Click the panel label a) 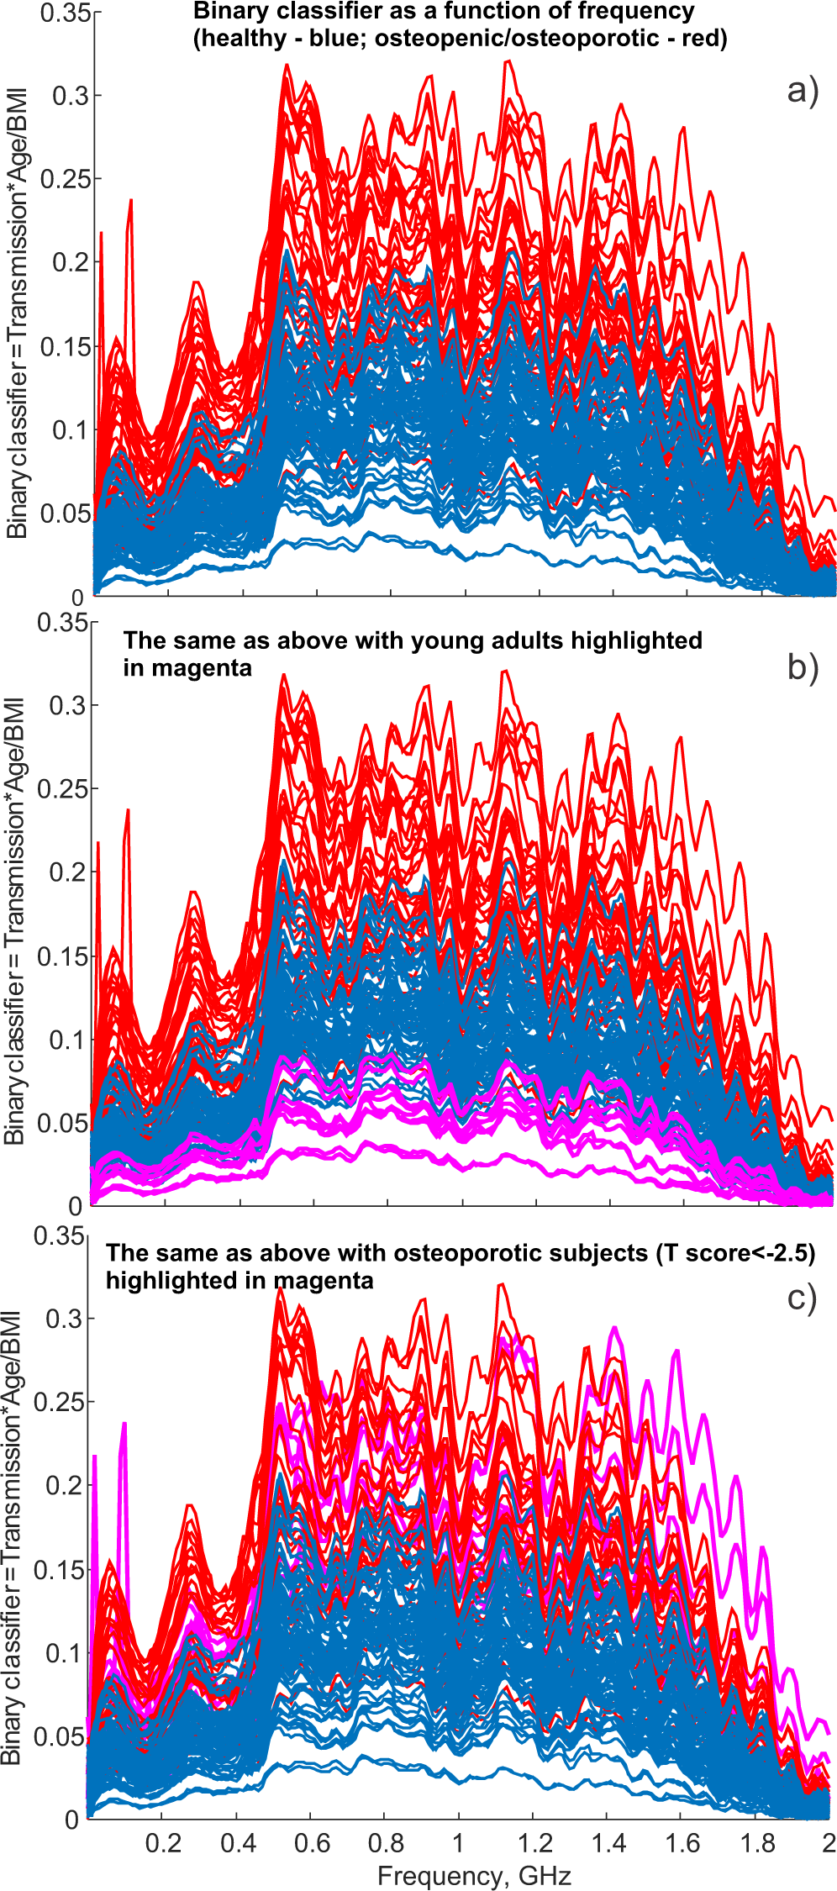click(802, 91)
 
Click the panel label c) click(802, 1298)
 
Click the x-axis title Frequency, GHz click(474, 1875)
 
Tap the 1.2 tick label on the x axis click(534, 1843)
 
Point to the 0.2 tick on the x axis click(163, 1843)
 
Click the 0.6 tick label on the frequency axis click(312, 1843)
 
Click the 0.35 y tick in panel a click(71, 14)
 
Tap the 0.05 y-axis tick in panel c click(60, 1736)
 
